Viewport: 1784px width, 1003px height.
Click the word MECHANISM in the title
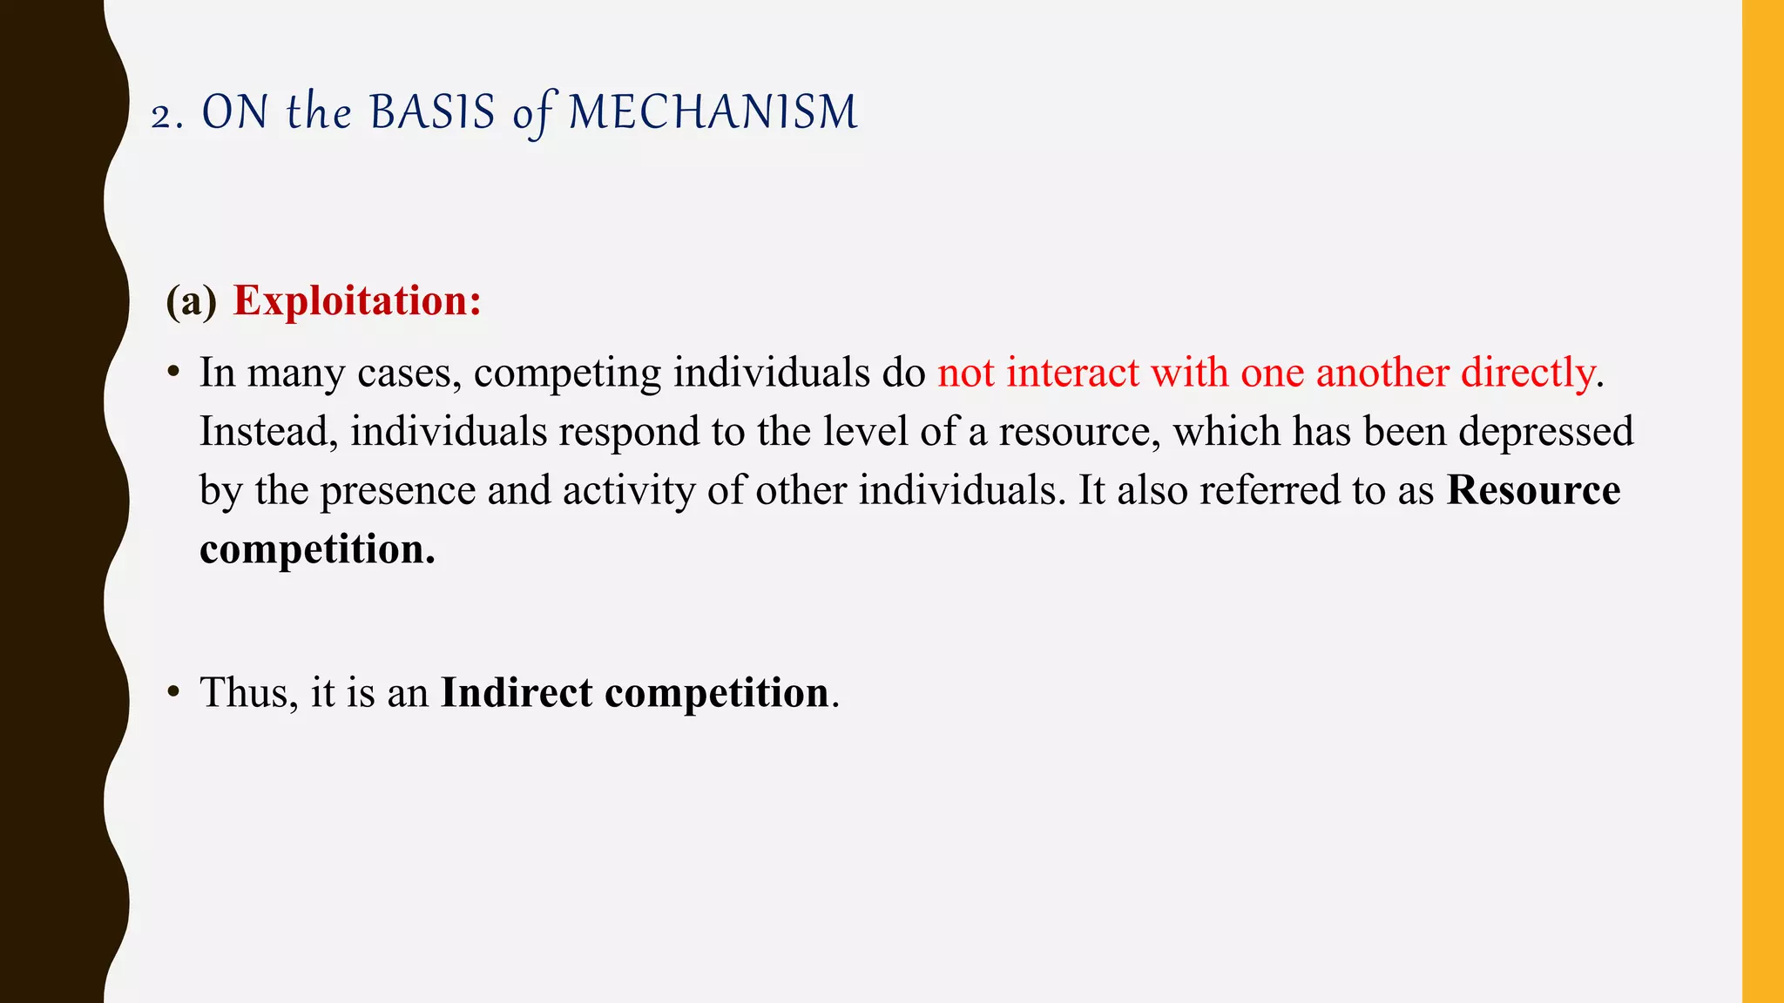(x=713, y=113)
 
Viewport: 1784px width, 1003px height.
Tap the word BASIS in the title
(x=432, y=113)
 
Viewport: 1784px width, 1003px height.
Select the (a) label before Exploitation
(x=191, y=301)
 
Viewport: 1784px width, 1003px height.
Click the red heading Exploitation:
(x=357, y=301)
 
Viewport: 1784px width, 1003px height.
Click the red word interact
(x=1072, y=374)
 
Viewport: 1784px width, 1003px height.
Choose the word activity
(x=629, y=491)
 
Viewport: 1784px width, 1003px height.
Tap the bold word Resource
(x=1533, y=490)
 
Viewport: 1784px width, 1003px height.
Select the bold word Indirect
(x=517, y=693)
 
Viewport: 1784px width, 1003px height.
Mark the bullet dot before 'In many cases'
(x=174, y=374)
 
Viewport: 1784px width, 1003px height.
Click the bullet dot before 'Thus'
(x=174, y=693)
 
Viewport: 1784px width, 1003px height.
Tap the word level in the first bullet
(x=863, y=432)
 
